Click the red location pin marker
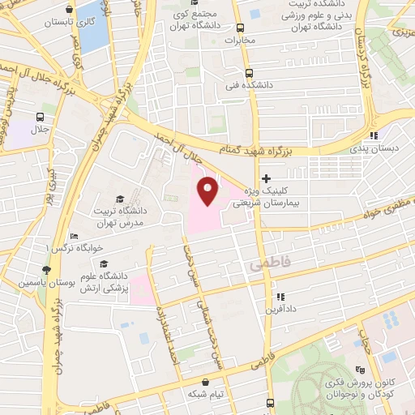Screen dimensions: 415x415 (208, 191)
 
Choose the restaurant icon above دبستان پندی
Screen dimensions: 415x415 (373, 135)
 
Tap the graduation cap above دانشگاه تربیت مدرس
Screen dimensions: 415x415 (119, 199)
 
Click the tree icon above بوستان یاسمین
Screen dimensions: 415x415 (46, 271)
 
